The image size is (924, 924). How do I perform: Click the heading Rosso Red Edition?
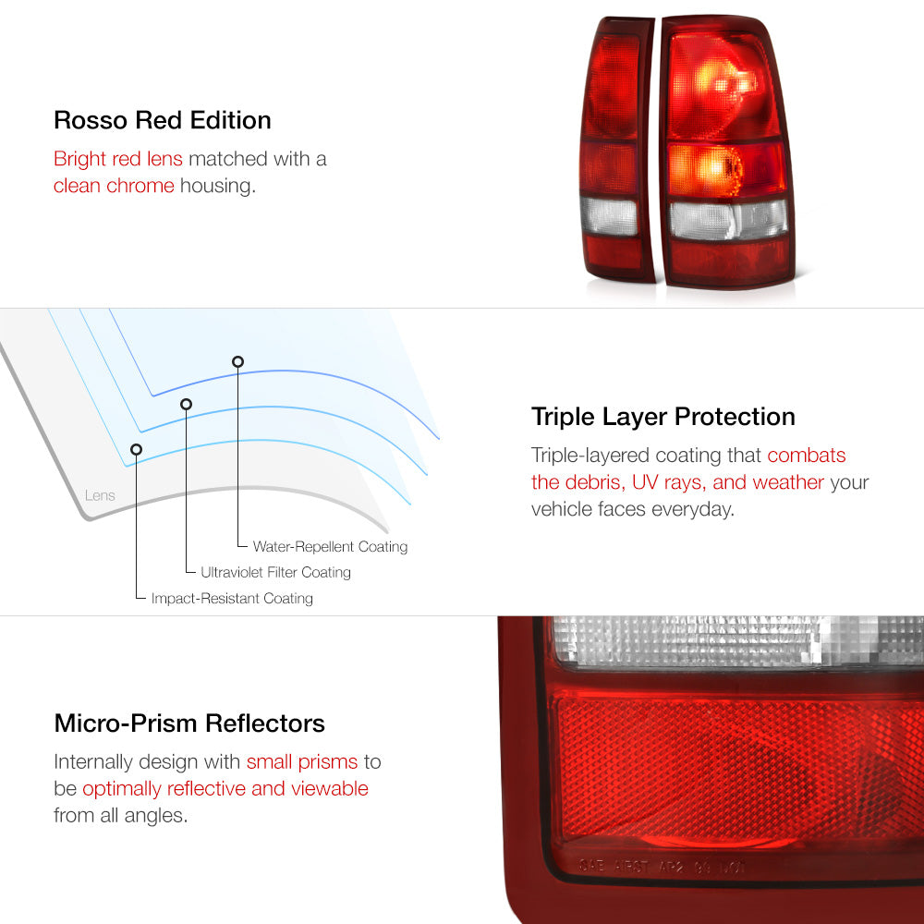pos(162,120)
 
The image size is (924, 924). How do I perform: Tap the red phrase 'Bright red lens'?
pos(118,159)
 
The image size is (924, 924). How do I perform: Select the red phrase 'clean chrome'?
pos(114,186)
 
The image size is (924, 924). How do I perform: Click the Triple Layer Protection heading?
pos(663,418)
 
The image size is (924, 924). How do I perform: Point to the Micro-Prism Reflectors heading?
pos(189,723)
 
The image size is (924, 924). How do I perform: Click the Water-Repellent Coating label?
pos(330,547)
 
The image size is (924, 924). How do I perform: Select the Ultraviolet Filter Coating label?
pos(275,572)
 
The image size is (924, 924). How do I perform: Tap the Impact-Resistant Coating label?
pos(232,598)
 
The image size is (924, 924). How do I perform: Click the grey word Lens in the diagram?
pos(100,495)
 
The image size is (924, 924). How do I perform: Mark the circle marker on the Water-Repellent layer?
pos(237,362)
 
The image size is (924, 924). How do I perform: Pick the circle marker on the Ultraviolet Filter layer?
pos(187,405)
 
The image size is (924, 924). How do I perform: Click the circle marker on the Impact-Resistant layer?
pos(136,450)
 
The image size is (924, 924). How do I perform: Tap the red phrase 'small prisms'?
pos(302,762)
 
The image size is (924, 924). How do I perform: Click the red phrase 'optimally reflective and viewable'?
pos(225,788)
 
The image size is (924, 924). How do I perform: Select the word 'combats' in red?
pos(806,455)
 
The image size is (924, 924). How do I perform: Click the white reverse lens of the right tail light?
pos(728,221)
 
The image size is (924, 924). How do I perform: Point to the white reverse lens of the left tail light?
pos(609,216)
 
